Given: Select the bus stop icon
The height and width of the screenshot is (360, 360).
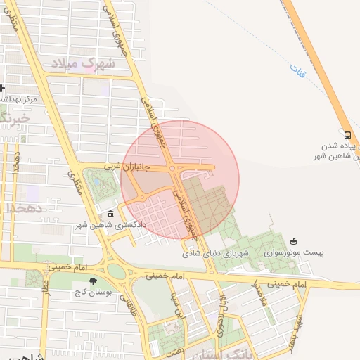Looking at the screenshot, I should (x=347, y=135).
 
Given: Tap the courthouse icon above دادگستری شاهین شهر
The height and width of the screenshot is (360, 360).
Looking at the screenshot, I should (x=110, y=214).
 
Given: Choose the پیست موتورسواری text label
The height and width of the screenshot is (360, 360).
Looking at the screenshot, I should (x=288, y=252).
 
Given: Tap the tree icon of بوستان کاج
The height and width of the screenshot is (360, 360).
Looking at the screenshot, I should (x=93, y=282).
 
